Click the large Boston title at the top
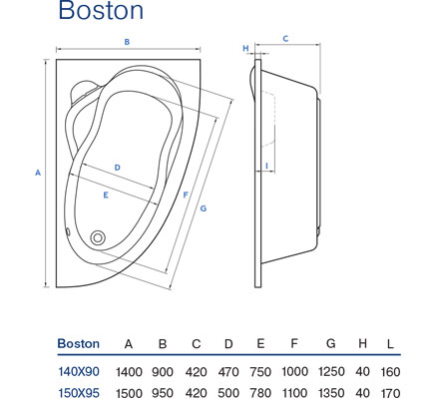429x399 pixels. click(101, 10)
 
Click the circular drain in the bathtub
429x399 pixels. click(98, 237)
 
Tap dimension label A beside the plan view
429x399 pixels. click(38, 173)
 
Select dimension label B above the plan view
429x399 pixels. click(127, 42)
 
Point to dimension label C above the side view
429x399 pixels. click(285, 39)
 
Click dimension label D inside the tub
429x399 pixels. click(117, 168)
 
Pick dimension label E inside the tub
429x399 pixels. click(106, 196)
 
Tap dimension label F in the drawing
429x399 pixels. click(186, 196)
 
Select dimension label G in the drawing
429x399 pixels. click(204, 208)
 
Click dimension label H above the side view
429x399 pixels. click(245, 48)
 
